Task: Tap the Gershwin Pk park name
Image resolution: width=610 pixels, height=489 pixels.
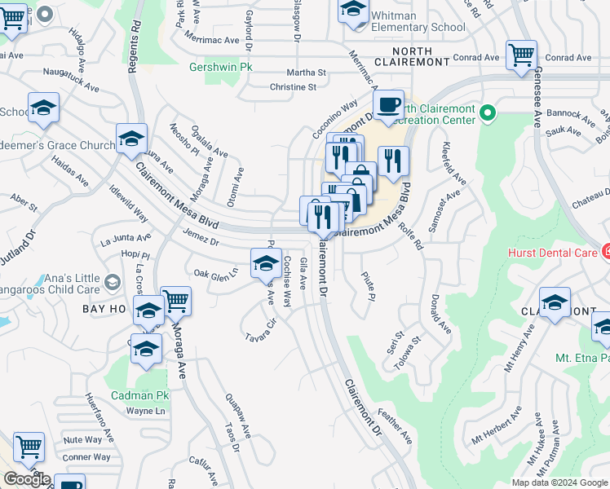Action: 216,67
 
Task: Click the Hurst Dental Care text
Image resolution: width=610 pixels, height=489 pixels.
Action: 550,253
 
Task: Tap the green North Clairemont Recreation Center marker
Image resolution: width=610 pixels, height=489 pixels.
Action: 488,112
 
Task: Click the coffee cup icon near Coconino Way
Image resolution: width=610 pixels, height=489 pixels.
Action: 389,105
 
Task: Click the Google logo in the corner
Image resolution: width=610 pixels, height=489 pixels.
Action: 26,479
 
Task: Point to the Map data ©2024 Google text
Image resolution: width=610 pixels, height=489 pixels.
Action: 559,482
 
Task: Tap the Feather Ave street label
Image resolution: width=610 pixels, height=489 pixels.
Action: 395,427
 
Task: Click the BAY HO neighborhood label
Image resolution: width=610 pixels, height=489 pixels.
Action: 104,309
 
